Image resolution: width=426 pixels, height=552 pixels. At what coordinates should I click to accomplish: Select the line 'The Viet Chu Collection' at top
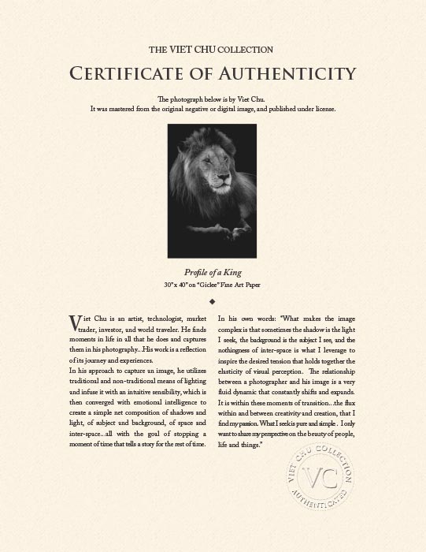pos(213,48)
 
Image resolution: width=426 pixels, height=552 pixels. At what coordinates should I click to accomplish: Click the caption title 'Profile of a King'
pos(212,270)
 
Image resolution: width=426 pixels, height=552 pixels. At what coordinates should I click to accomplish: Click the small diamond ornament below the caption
pos(213,300)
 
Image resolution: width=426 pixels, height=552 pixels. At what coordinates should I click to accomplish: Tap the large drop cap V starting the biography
pos(75,323)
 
